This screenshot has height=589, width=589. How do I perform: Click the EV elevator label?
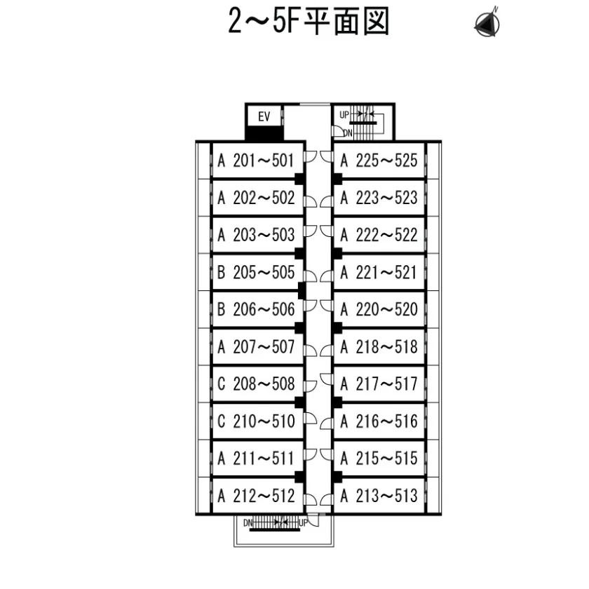click(x=264, y=116)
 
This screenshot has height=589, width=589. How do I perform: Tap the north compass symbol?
click(x=487, y=23)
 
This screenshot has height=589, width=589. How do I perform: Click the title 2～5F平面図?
click(x=309, y=22)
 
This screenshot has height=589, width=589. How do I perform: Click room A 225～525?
click(x=379, y=161)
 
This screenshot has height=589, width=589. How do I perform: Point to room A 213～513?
click(x=379, y=496)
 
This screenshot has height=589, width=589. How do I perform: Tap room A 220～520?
click(x=379, y=309)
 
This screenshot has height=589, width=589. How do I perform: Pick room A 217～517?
click(x=379, y=384)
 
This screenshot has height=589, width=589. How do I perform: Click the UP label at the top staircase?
click(x=344, y=114)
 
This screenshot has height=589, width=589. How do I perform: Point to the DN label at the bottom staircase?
click(x=248, y=523)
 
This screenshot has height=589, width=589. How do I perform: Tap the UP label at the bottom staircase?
click(x=303, y=523)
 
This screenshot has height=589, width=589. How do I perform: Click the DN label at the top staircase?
click(x=348, y=133)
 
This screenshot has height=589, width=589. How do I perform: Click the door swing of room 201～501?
click(x=310, y=156)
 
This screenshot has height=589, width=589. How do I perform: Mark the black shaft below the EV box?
click(x=264, y=133)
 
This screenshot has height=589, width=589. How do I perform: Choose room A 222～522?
click(x=379, y=235)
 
